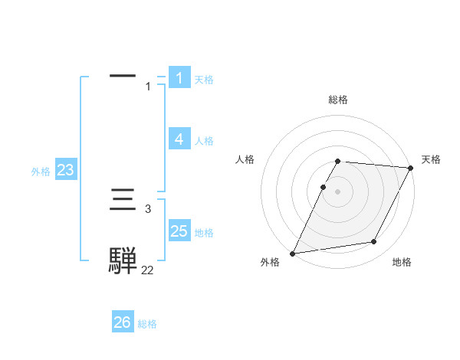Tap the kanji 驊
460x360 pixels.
123,261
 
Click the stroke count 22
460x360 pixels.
147,270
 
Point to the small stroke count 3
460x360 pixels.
147,208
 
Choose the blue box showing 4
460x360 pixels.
179,139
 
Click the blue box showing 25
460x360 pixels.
179,231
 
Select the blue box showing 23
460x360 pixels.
65,170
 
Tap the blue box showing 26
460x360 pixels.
123,322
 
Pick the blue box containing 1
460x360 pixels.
179,77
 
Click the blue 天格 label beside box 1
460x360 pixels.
204,79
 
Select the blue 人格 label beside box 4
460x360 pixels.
204,141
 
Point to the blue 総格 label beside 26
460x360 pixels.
147,324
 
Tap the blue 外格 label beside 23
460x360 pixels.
41,172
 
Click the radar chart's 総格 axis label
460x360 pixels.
338,100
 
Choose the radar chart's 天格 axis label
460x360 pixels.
431,159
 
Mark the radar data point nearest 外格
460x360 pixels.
293,254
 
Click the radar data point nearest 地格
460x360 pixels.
374,242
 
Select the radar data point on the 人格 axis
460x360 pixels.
323,187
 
